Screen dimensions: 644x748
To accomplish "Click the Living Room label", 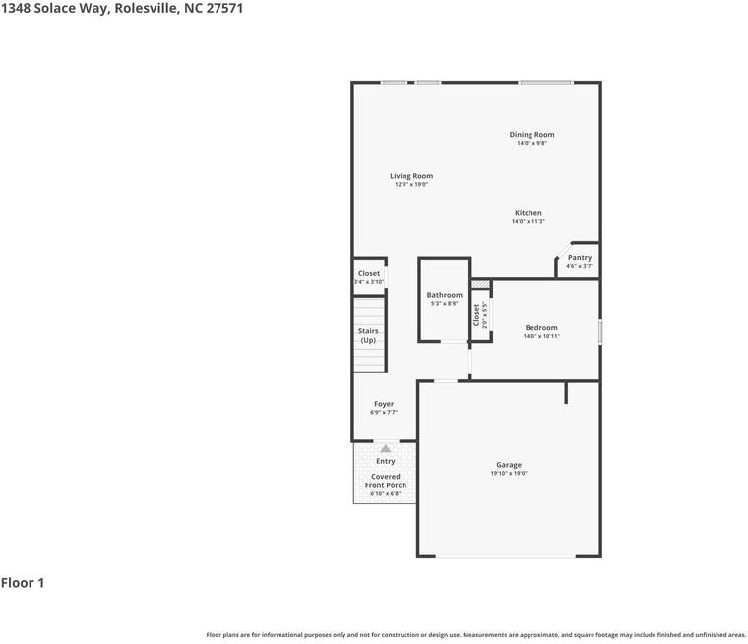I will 410,176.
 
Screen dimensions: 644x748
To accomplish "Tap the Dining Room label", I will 531,135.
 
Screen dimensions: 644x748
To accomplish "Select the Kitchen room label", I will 528,213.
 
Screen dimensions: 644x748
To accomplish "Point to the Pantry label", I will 580,258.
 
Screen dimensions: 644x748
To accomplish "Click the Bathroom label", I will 444,295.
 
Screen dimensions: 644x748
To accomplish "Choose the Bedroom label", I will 540,328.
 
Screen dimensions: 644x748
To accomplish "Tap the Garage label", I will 509,465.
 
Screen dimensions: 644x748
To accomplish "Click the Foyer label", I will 384,404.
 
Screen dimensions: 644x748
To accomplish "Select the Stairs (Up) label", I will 368,335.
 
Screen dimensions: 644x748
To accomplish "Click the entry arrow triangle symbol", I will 386,449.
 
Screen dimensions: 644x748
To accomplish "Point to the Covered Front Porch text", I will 386,481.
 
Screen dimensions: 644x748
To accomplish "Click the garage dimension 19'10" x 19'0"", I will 509,474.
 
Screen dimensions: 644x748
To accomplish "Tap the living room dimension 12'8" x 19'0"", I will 410,185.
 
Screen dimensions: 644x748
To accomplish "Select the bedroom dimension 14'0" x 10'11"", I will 540,337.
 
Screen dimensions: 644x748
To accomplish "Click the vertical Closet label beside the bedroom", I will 477,314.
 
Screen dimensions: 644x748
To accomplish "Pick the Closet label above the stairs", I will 368,273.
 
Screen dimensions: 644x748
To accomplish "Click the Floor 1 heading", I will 23,583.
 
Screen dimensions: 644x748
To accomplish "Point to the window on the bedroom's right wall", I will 599,331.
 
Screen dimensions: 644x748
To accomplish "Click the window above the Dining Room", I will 545,82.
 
